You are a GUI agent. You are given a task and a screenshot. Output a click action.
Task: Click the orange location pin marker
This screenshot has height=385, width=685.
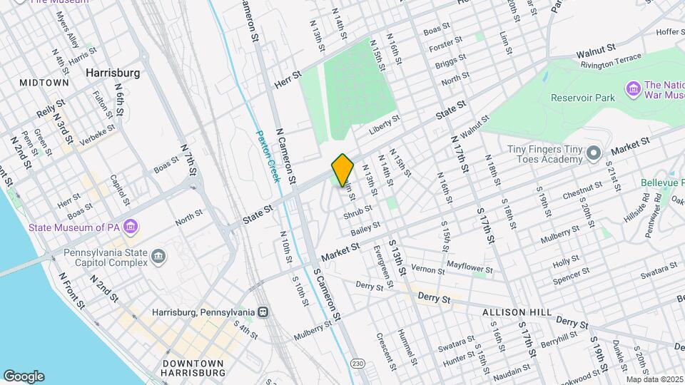tap(342, 169)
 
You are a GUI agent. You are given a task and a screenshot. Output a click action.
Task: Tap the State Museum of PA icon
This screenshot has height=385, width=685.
tap(130, 227)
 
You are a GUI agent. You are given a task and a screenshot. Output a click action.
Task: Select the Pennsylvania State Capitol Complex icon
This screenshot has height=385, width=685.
tap(159, 256)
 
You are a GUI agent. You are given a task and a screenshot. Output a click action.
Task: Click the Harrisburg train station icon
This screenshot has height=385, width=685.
tap(263, 312)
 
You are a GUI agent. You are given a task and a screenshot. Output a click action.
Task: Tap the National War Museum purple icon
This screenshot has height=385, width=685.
tap(632, 88)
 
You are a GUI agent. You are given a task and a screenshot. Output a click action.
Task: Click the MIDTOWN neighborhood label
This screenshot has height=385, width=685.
tap(44, 83)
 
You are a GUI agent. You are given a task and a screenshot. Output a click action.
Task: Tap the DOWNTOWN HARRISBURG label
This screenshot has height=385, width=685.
tap(194, 368)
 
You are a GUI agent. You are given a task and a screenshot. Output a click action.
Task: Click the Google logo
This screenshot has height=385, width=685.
tap(24, 376)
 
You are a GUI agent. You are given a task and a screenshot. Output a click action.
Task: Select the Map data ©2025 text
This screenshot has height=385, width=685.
tap(654, 379)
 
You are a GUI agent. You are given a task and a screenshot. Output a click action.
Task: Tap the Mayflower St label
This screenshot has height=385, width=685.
tap(469, 267)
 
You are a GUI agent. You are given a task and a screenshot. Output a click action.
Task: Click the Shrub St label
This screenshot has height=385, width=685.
tap(357, 211)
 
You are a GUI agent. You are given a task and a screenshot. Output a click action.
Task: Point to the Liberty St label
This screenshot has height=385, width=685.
tap(382, 129)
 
